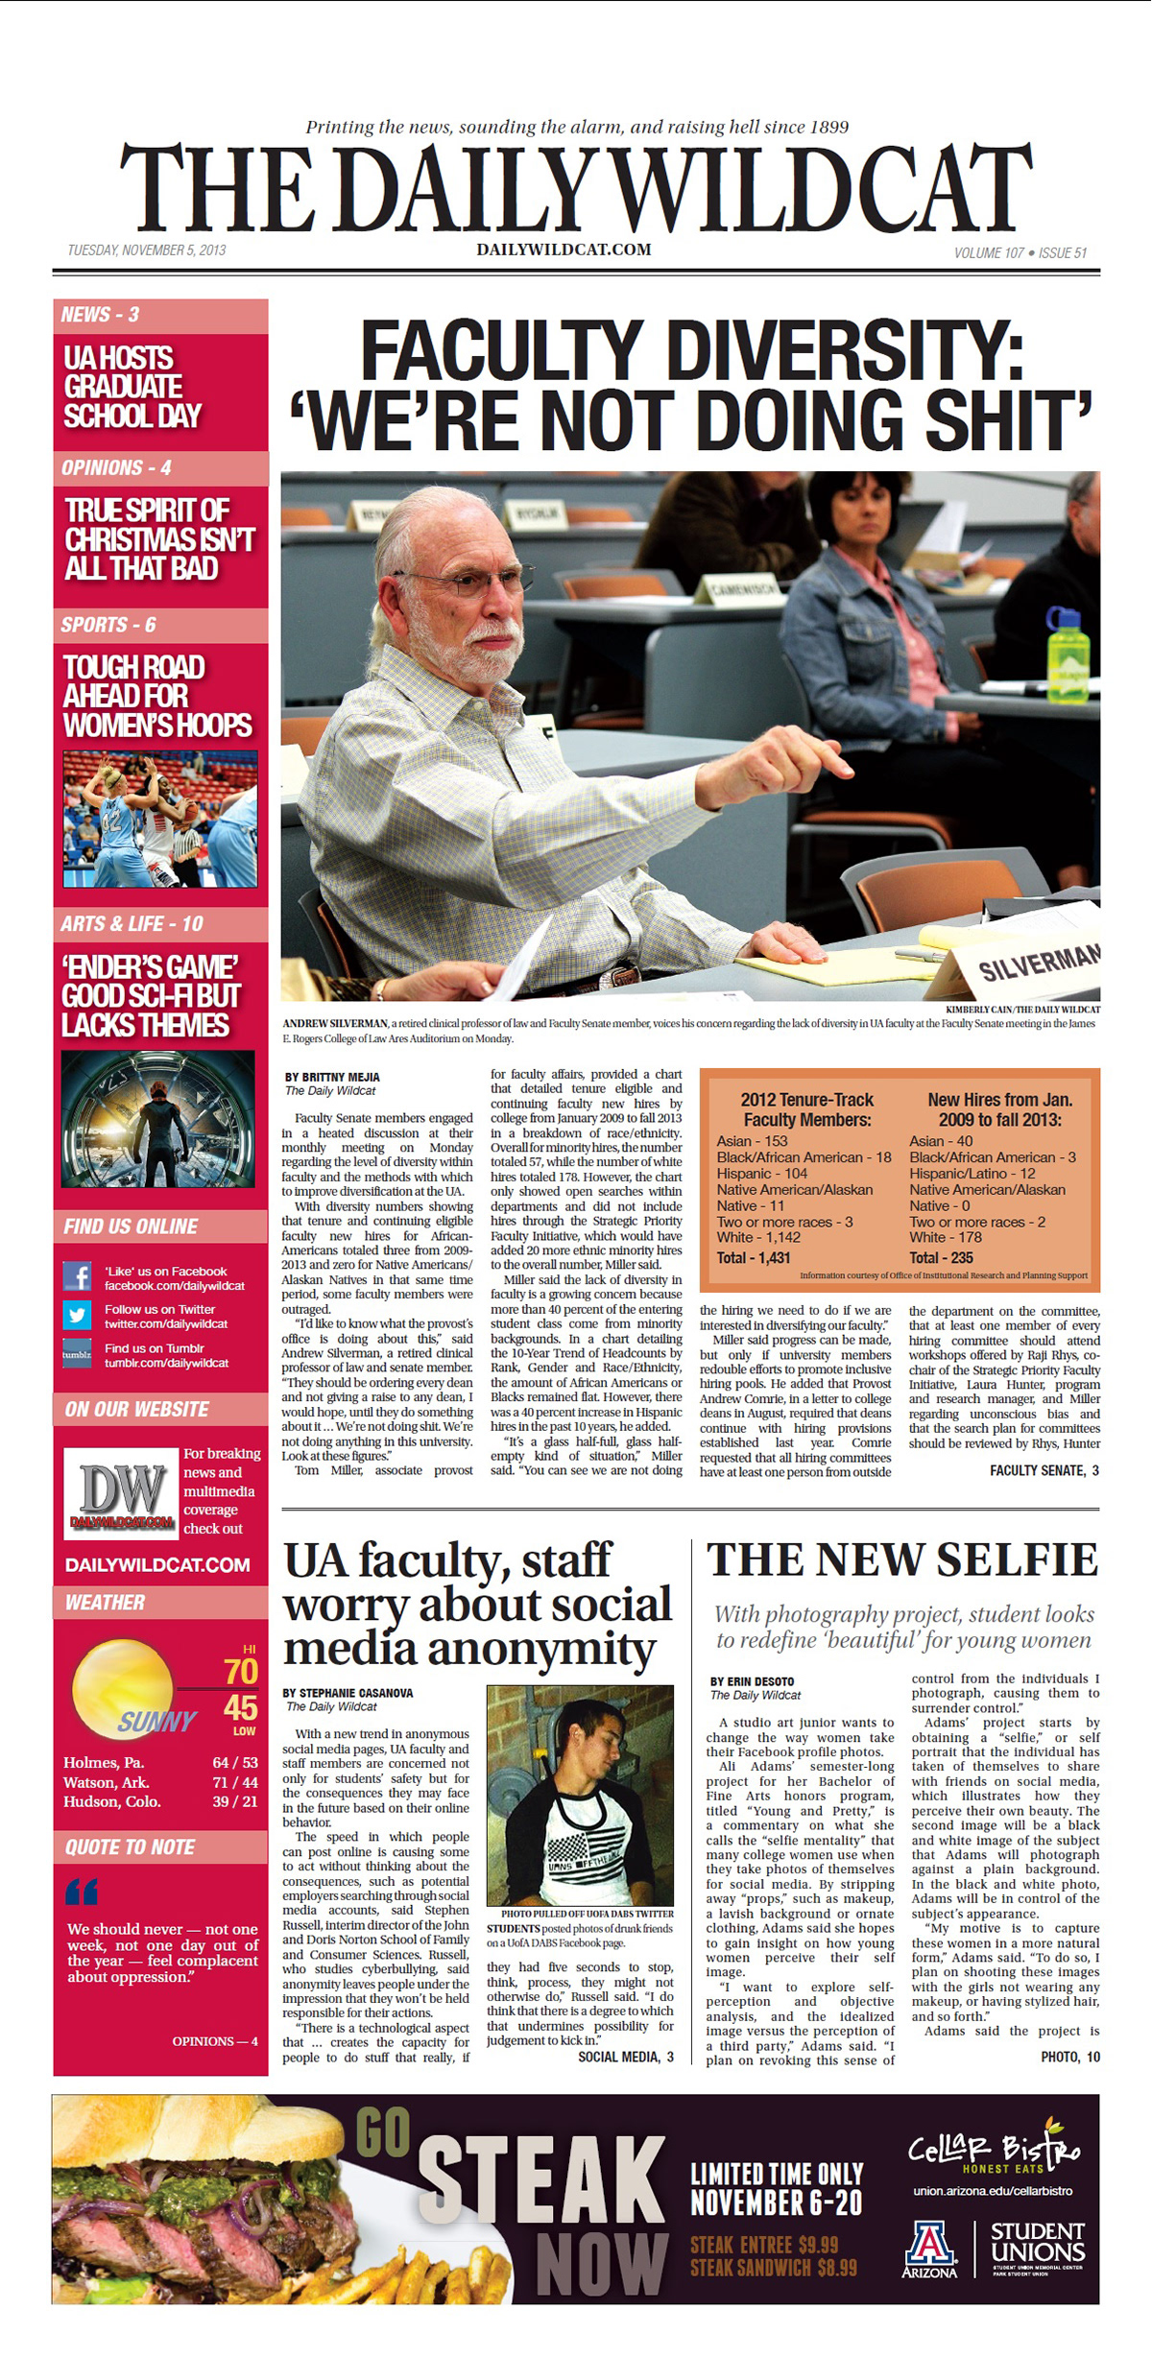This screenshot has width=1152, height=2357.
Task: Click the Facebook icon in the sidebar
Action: pos(77,1277)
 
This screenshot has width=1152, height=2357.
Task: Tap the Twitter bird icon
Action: pos(77,1315)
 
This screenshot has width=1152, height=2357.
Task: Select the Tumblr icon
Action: pos(77,1354)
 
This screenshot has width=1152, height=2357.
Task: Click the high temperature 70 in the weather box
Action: pos(240,1671)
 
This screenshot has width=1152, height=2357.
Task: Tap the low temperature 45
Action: pos(240,1708)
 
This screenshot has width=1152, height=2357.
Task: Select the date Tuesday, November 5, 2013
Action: pos(147,250)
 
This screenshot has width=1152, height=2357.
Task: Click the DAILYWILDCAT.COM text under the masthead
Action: pos(564,250)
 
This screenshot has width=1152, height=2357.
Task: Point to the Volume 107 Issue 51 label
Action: pos(1020,253)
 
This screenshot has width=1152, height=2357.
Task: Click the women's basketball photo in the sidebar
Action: pos(160,819)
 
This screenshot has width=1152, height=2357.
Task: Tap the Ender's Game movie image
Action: pos(158,1119)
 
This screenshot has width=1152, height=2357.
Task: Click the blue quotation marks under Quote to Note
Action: pos(83,1893)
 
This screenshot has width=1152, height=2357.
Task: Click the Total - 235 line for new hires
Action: pos(941,1257)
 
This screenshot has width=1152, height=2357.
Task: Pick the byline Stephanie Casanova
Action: pos(348,1693)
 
